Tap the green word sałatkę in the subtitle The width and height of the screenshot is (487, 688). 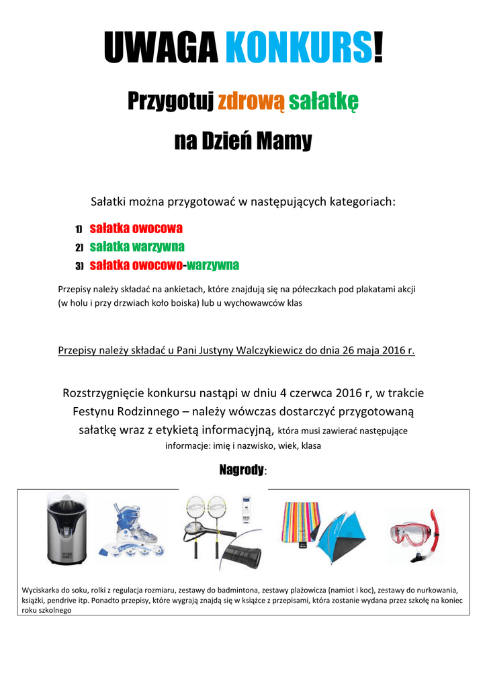coord(324,101)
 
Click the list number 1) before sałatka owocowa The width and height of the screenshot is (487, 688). coord(79,228)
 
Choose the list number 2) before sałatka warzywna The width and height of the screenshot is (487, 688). coord(79,247)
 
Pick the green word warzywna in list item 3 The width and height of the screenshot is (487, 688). coord(213,265)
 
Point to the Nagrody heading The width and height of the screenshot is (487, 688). coord(242,470)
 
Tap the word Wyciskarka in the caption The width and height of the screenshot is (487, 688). coord(41,590)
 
